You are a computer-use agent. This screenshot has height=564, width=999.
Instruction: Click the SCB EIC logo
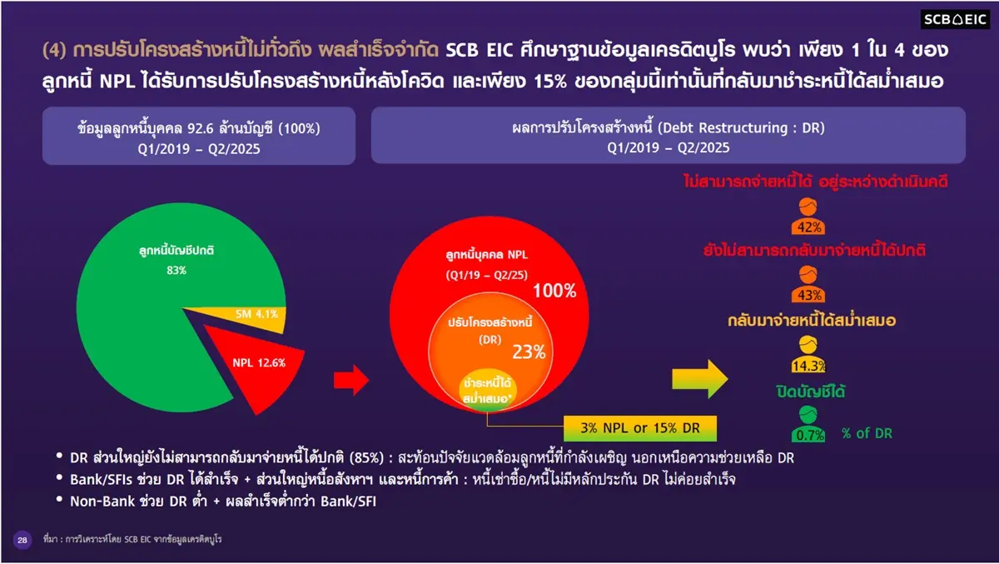coord(955,20)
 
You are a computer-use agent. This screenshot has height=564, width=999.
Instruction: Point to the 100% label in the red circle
coord(554,291)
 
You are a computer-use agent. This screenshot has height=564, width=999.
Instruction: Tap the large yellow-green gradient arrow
coord(699,377)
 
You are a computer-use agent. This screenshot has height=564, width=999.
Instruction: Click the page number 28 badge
coord(22,541)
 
